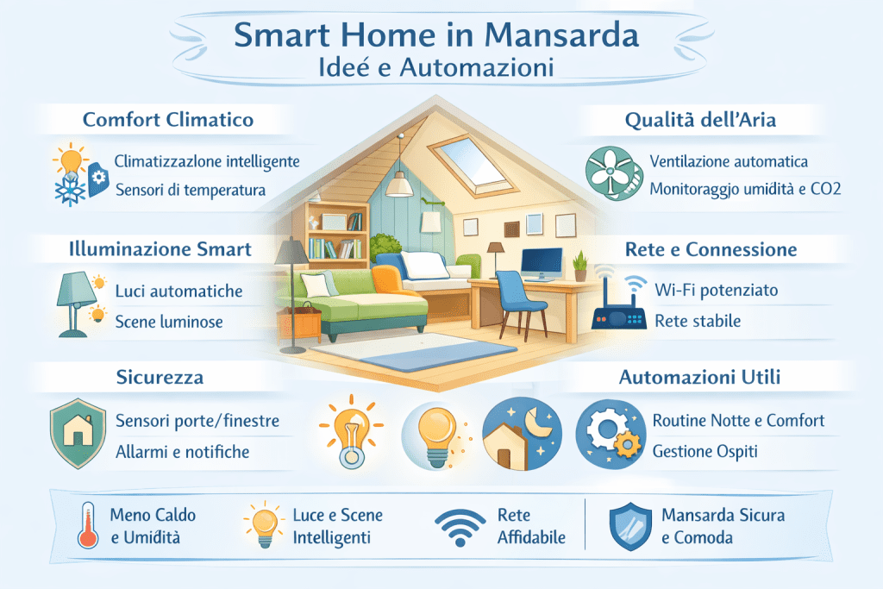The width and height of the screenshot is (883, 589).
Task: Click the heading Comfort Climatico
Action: point(168,119)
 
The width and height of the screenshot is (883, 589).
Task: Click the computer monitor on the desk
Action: point(541,261)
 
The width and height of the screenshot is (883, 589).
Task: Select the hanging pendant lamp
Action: point(398,180)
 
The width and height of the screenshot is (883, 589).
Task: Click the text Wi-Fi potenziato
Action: point(716,290)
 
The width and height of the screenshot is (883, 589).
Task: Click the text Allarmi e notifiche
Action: point(182,451)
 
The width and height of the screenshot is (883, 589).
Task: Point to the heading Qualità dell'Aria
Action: point(699,120)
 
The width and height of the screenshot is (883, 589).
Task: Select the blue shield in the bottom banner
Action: point(630,526)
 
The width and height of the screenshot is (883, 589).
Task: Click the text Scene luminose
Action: point(169,322)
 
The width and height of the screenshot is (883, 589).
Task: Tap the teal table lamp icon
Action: point(72,302)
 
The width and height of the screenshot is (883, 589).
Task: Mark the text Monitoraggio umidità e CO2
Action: point(744,189)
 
